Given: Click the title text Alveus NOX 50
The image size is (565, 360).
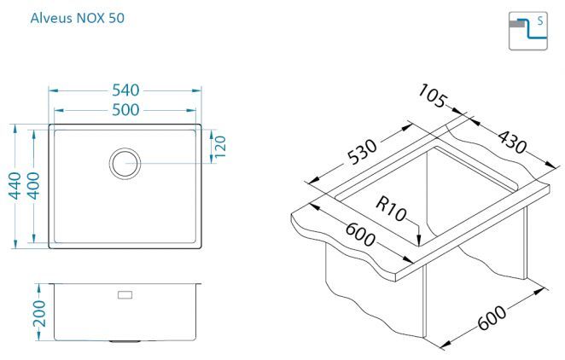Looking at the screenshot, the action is point(78,18).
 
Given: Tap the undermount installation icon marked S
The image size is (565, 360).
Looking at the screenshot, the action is point(528,31).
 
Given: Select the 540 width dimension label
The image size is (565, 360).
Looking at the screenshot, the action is point(125,90).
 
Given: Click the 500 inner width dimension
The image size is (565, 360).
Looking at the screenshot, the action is point(125,110).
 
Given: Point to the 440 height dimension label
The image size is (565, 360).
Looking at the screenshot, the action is point(15,186).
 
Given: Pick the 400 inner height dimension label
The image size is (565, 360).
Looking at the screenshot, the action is point(33,186).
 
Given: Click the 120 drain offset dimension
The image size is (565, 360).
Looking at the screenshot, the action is point(220,147).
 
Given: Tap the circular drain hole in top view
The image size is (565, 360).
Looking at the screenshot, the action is point(125,164).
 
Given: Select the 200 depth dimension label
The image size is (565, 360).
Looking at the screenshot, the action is point(39,314).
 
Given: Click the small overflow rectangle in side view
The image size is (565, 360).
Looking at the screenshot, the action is point(125,295).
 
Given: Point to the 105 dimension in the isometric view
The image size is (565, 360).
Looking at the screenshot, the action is point(434,96).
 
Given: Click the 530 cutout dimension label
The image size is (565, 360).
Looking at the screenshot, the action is point(362,152).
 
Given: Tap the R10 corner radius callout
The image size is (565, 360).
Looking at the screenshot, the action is point(391,209).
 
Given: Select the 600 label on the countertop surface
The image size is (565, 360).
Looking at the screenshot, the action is point(360,235).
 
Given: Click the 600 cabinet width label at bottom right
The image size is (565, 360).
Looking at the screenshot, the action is point(492,318).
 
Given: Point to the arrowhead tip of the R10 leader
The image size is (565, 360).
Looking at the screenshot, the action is point(419,246).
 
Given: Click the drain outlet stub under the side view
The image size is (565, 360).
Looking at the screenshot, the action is point(123,341).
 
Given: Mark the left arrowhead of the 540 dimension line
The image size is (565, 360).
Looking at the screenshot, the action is point(50,90).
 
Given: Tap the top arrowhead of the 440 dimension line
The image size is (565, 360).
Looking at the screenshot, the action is point(15,125).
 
